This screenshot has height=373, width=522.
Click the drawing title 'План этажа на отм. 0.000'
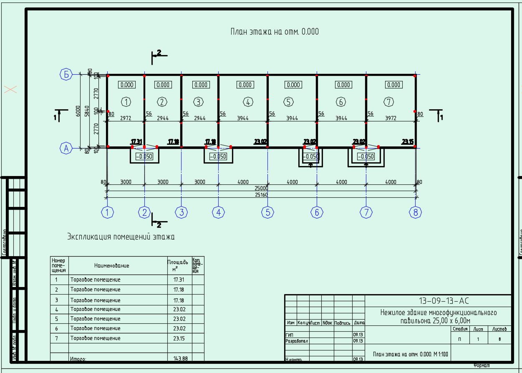tap(275, 32)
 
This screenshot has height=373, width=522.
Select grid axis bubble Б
tap(66, 75)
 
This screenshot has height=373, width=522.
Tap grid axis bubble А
tap(66, 148)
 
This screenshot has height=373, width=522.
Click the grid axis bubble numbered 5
tap(267, 212)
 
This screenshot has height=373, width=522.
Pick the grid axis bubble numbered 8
tap(415, 212)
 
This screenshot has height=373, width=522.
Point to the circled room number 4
tap(248, 101)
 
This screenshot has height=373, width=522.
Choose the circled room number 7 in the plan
tap(389, 101)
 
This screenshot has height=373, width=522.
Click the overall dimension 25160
tap(261, 195)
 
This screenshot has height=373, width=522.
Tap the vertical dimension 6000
tap(78, 111)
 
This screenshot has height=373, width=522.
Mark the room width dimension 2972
tap(126, 118)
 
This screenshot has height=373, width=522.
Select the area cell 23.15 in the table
tap(179, 338)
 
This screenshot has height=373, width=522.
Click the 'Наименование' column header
tap(111, 265)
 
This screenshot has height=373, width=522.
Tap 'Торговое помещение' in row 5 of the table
tap(95, 319)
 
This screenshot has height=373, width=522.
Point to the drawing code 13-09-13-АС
tap(439, 301)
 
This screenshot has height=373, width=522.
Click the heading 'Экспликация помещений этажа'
tap(121, 237)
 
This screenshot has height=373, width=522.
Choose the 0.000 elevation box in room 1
tap(127, 85)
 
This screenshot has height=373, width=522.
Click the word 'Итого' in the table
tap(78, 358)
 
